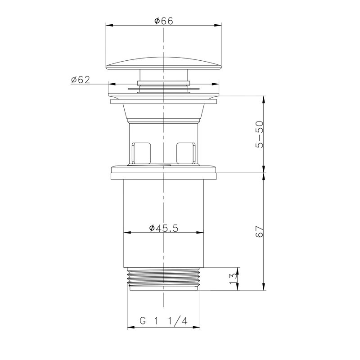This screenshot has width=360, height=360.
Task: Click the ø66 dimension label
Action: pyautogui.click(x=164, y=21)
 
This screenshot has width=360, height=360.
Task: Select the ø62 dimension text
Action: pyautogui.click(x=81, y=80)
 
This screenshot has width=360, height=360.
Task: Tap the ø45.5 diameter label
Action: pyautogui.click(x=163, y=228)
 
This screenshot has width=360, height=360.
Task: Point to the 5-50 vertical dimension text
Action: pyautogui.click(x=260, y=134)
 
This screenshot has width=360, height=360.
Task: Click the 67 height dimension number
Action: pyautogui.click(x=260, y=231)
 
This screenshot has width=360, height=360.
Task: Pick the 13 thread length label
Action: pyautogui.click(x=233, y=279)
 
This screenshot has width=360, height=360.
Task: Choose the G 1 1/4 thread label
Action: pyautogui.click(x=163, y=320)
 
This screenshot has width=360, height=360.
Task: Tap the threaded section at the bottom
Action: pyautogui.click(x=163, y=279)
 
